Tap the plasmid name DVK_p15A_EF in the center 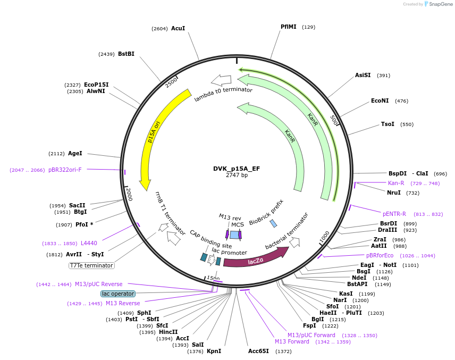[237, 169]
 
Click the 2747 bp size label [237, 175]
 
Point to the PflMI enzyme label [289, 27]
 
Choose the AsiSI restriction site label [363, 75]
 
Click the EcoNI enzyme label [380, 101]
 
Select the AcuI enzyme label [178, 28]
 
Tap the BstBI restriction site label [126, 54]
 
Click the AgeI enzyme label [75, 153]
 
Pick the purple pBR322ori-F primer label [65, 170]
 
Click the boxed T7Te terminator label [91, 265]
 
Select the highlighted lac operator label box [118, 294]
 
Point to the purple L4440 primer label [89, 243]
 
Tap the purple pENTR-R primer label [394, 214]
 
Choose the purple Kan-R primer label [396, 183]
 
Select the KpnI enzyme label [214, 351]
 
